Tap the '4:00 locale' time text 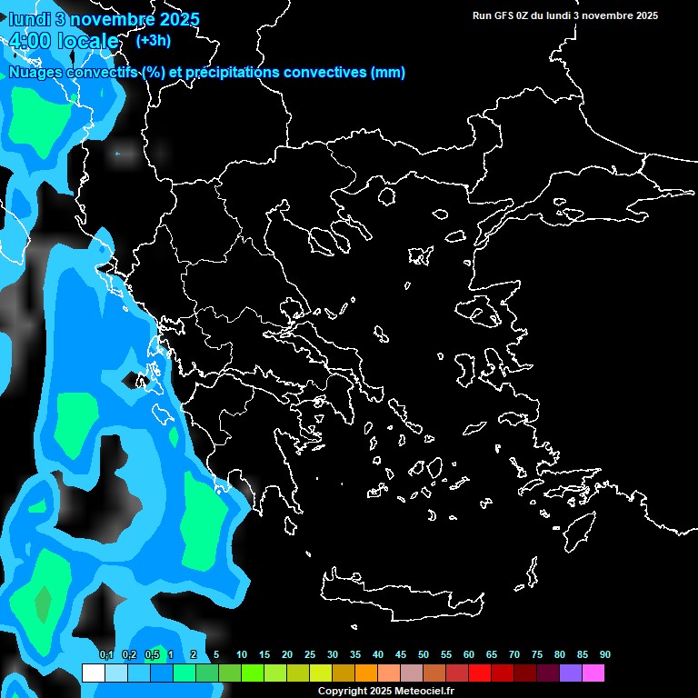(x=65, y=41)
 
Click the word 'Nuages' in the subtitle (x=35, y=73)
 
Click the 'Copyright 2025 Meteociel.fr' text (x=385, y=692)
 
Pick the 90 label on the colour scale (x=605, y=655)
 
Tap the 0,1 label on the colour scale (x=106, y=655)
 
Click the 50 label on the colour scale (x=424, y=655)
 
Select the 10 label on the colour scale (x=242, y=655)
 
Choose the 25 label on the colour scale (x=310, y=655)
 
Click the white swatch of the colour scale (x=93, y=673)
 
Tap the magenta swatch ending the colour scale (x=593, y=673)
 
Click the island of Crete (x=400, y=593)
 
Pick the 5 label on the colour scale (x=216, y=655)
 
